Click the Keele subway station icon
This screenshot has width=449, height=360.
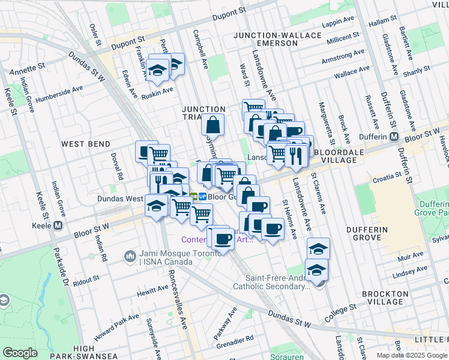pos(58,226)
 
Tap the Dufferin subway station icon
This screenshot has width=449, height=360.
pos(394,136)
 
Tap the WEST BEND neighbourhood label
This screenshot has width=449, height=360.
pos(86,144)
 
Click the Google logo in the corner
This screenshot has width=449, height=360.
pos(20,353)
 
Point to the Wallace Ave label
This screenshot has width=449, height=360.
pos(351,74)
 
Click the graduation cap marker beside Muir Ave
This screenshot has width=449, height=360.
pos(318,248)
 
